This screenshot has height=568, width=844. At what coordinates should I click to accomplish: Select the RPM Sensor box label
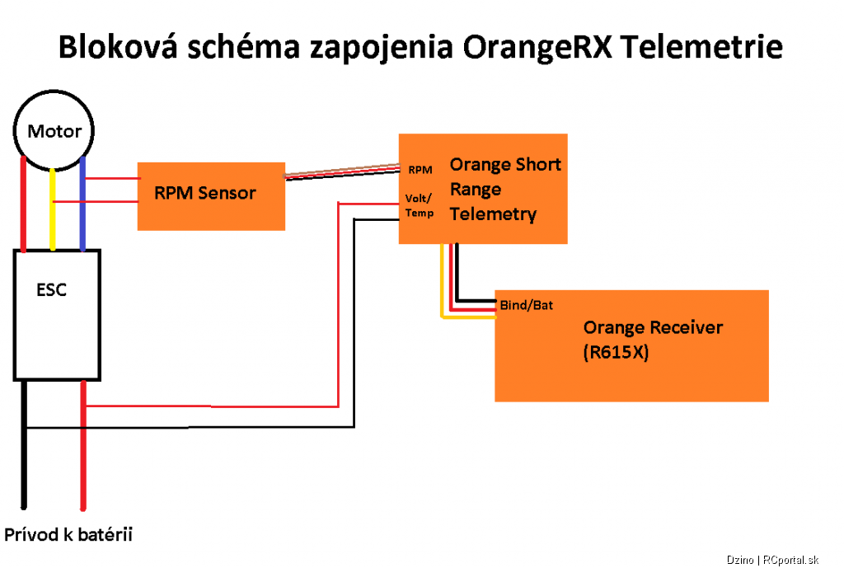coord(205,193)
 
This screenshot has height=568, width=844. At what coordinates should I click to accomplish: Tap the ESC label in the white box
coord(51,289)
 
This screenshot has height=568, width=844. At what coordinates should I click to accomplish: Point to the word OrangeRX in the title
coord(537,47)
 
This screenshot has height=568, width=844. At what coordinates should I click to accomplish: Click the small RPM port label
coord(420,170)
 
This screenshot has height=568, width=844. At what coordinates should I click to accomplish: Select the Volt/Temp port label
coord(420,205)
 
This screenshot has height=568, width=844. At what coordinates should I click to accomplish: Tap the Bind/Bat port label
coord(527,305)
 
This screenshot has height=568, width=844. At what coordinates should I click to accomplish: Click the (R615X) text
coord(616,352)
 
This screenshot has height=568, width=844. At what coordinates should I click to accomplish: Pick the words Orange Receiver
coord(653,327)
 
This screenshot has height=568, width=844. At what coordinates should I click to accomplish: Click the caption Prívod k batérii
coord(68,535)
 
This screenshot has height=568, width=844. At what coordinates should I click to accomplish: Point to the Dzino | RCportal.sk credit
coord(772,560)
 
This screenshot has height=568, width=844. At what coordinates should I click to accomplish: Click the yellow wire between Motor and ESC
coord(52,210)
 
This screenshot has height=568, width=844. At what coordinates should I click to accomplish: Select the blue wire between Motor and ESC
coord(82,204)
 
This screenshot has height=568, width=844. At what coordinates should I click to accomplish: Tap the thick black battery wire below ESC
coord(24,444)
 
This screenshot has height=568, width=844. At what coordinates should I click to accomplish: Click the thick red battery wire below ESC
coord(83,445)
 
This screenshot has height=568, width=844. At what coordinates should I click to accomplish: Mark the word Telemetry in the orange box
coord(493,214)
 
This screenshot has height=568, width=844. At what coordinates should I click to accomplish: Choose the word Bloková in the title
coord(118,46)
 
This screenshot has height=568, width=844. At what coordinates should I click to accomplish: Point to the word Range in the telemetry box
coord(476,190)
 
